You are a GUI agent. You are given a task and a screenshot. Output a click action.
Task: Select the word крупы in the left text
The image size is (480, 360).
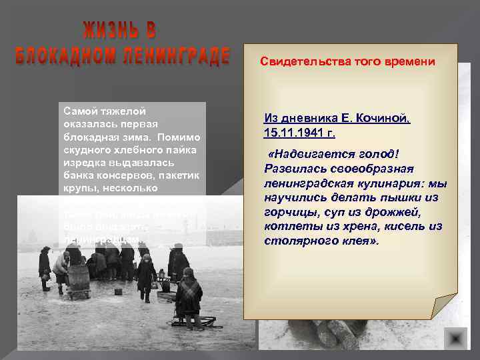coord(78,188)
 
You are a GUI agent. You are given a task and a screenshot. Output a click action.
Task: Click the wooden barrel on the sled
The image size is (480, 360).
coord(79,279)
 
